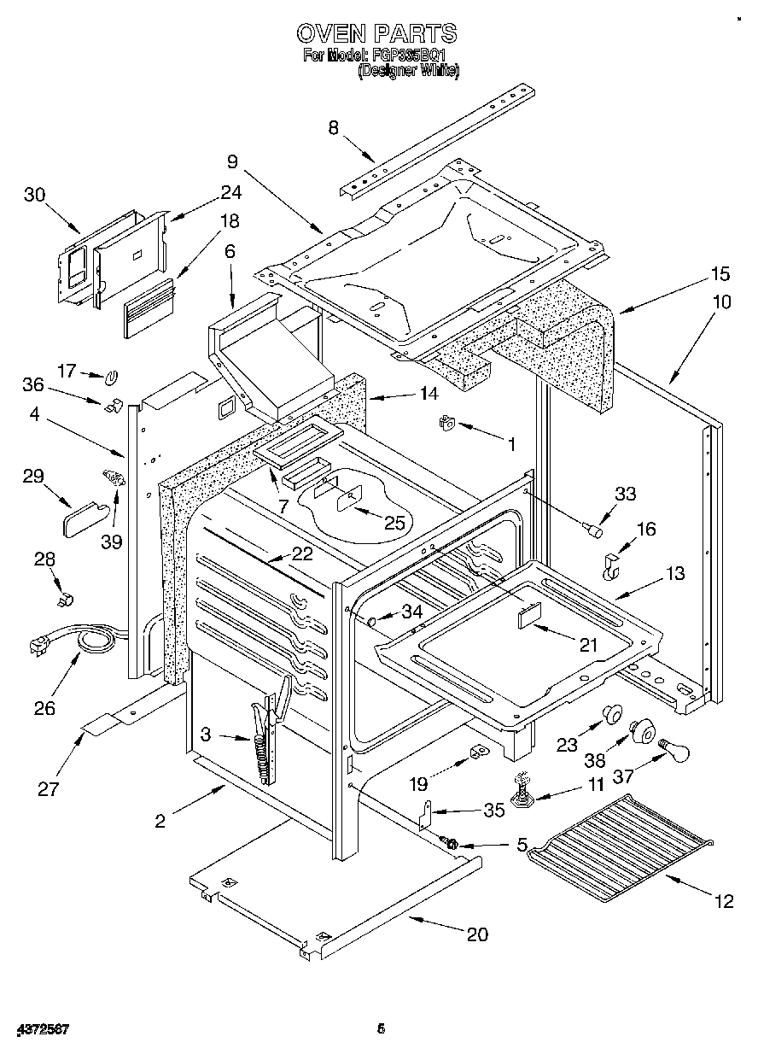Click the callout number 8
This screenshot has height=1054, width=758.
(334, 128)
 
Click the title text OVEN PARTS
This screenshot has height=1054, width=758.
(376, 33)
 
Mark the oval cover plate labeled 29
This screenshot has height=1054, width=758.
(85, 516)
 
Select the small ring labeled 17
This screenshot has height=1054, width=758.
(112, 376)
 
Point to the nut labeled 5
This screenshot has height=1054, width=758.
(452, 845)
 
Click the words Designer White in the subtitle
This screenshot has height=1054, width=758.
(409, 72)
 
